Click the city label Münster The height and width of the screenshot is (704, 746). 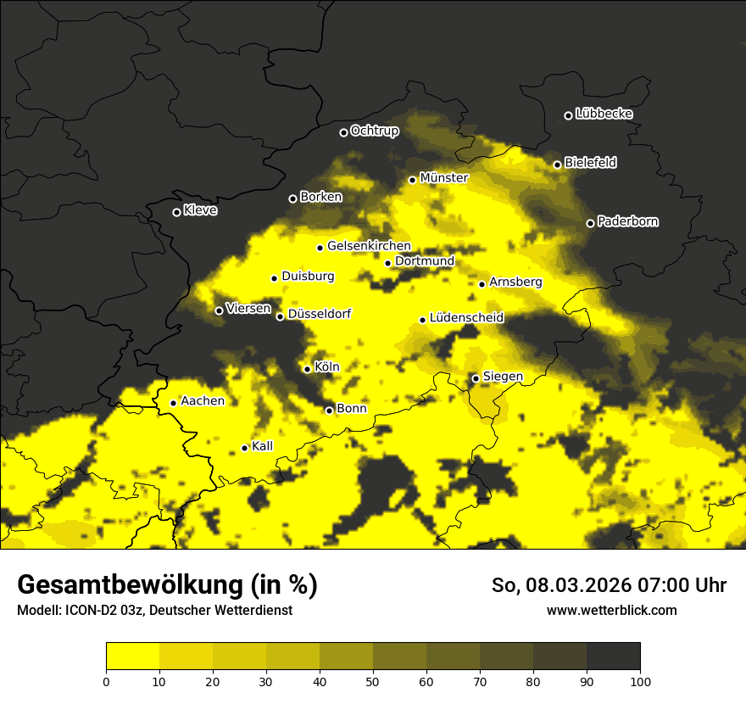click(443, 178)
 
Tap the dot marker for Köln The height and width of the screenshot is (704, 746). click(307, 369)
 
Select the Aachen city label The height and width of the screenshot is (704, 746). click(203, 401)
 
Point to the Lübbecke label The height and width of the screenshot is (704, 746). click(604, 114)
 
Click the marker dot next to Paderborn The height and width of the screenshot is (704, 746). click(590, 223)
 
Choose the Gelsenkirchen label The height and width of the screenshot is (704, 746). click(369, 246)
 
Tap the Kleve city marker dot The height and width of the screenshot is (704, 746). click(176, 212)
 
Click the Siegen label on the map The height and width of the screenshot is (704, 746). click(503, 377)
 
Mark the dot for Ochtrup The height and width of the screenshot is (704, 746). click(343, 132)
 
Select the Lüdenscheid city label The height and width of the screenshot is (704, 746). click(466, 318)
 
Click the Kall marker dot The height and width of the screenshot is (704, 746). click(244, 448)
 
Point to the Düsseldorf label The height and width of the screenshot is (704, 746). click(319, 315)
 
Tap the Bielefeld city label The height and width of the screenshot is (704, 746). click(590, 163)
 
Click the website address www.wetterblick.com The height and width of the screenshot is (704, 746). click(611, 610)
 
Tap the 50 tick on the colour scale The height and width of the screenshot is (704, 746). click(373, 681)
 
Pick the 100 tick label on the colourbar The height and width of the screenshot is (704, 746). click(640, 681)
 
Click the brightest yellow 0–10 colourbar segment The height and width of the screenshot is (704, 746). click(132, 656)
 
